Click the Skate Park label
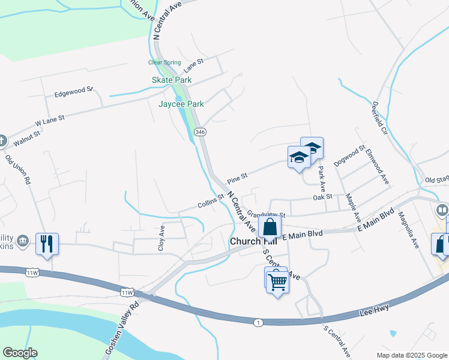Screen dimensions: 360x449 pos(172,80)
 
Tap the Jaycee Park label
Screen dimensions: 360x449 pos(181,104)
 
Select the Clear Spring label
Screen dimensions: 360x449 pos(163,62)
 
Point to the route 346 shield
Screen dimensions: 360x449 pos(200,132)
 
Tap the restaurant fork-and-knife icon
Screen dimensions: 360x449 pos(47,244)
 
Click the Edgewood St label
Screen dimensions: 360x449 pos(73,92)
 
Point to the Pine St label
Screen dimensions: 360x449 pos(238,179)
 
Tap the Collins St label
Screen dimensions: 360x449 pos(211,202)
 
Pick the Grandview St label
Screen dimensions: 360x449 pos(266,214)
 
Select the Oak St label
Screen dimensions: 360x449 pos(322,197)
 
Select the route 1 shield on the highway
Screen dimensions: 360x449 pos(258,323)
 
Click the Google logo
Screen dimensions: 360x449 pos(20,353)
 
